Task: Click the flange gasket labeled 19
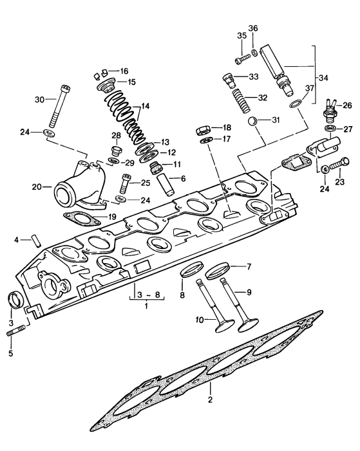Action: point(80,218)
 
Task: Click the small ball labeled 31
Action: point(253,120)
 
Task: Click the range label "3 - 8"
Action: point(142,295)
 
